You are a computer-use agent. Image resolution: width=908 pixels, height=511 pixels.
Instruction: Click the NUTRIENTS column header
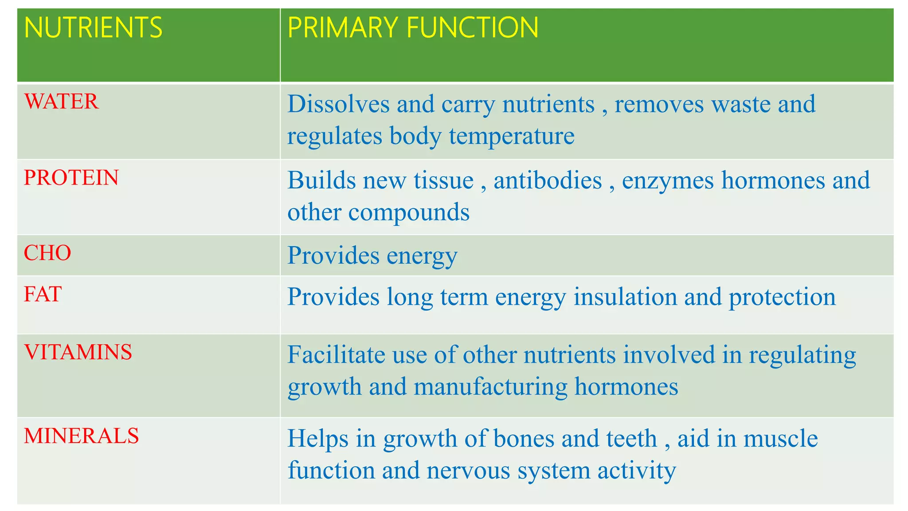(93, 28)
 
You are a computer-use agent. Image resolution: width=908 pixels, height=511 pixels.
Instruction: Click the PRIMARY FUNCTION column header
(412, 28)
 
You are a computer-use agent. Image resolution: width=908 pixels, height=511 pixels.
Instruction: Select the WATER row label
(61, 102)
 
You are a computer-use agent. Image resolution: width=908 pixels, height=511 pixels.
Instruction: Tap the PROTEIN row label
(71, 178)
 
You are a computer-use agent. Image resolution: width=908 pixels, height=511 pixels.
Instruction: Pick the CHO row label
(47, 253)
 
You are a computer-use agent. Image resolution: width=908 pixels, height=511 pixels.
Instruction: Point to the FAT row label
(43, 294)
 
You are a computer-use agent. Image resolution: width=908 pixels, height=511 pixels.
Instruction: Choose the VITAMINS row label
(78, 352)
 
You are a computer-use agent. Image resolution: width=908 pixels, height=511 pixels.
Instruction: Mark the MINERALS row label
(82, 436)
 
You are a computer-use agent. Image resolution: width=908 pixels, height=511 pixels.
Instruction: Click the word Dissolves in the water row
(338, 104)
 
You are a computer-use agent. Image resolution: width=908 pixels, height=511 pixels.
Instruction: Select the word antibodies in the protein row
(548, 181)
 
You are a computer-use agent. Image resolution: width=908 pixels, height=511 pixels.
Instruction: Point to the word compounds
(408, 212)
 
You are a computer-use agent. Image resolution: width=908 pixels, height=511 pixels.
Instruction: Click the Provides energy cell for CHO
(372, 256)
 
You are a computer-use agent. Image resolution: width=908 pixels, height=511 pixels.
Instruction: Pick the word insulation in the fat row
(625, 297)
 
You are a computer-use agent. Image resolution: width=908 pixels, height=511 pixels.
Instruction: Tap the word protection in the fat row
(782, 297)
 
